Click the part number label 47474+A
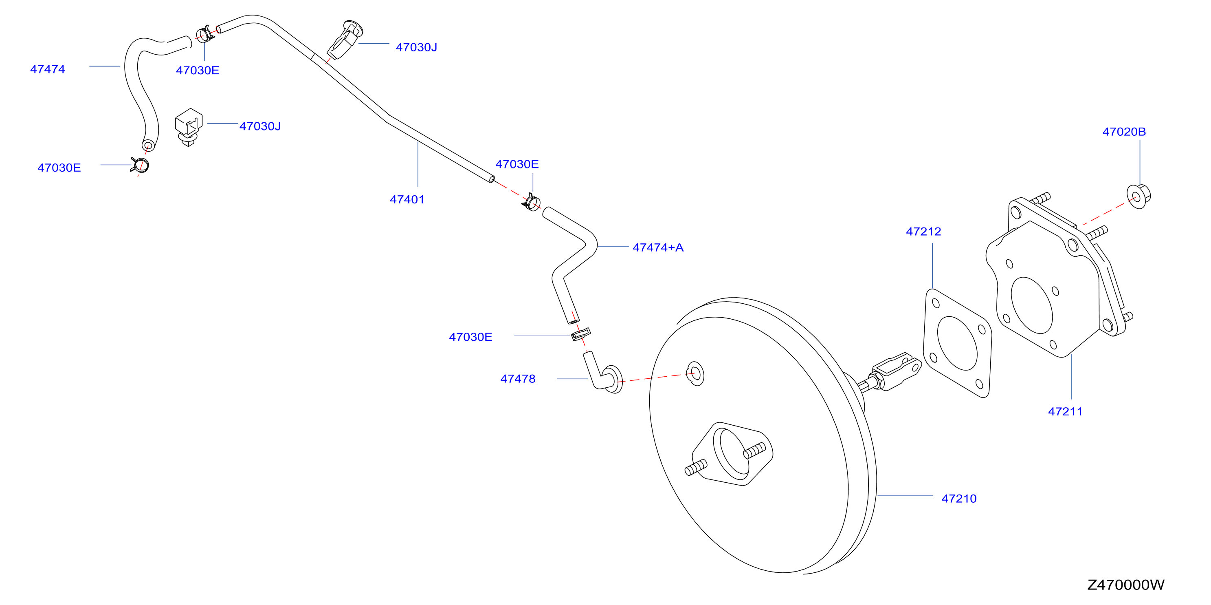click(x=658, y=247)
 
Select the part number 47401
click(x=407, y=199)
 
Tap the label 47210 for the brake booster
click(x=959, y=499)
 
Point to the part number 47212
click(x=923, y=232)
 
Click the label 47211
click(x=1065, y=412)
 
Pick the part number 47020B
click(x=1124, y=132)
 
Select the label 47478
click(x=518, y=379)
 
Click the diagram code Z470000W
click(x=1126, y=585)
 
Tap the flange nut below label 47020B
click(x=1138, y=197)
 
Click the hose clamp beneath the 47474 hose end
click(x=140, y=165)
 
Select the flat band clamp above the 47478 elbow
click(x=580, y=334)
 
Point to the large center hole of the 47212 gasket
click(x=958, y=343)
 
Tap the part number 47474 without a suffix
click(x=48, y=69)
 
